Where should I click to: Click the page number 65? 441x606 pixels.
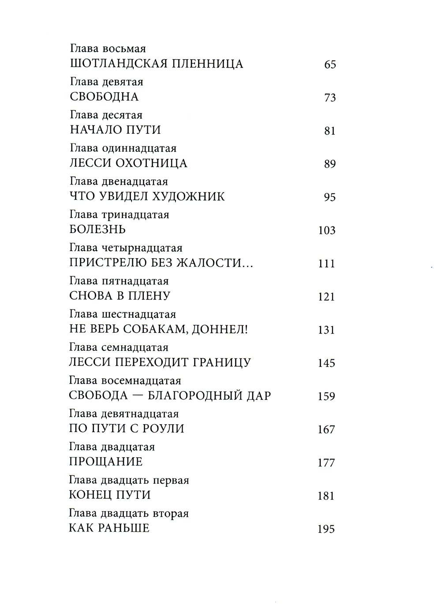pos(330,65)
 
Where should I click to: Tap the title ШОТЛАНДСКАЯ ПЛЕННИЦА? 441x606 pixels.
pos(157,64)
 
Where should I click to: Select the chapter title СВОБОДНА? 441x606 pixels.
pos(104,97)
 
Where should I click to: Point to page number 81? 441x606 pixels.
pos(330,131)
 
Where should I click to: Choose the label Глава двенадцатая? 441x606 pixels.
pos(119,181)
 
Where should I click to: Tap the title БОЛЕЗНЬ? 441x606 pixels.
pos(97,230)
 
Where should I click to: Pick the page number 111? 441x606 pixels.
pos(326,264)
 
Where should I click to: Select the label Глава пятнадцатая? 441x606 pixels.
pos(119,281)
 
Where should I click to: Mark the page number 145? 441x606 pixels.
pos(326,363)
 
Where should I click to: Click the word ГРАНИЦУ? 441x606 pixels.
pos(222,363)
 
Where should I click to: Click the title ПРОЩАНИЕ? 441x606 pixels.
pos(106,462)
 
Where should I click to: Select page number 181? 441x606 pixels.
pos(326,496)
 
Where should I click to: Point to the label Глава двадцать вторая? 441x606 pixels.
pos(129,513)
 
